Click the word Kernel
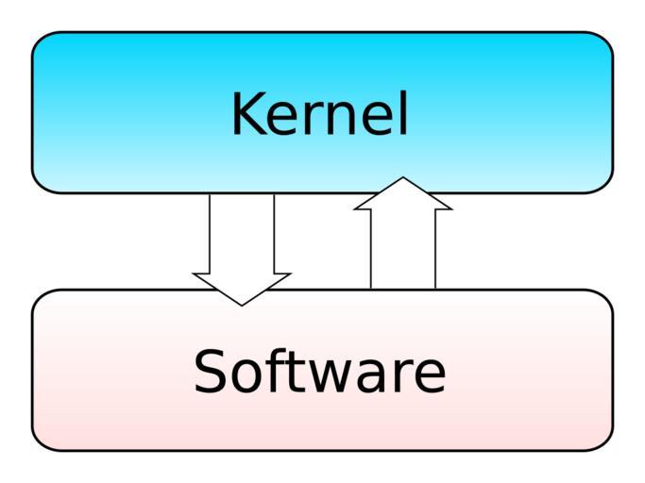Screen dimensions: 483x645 click(x=319, y=114)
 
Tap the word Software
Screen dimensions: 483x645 click(x=319, y=371)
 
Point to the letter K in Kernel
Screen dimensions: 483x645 click(x=247, y=114)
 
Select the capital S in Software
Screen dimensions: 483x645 click(x=212, y=371)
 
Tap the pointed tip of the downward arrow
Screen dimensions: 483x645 click(x=242, y=303)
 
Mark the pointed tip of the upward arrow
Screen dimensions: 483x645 click(x=403, y=179)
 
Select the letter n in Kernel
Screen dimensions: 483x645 click(x=339, y=119)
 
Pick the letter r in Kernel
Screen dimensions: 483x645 click(x=309, y=119)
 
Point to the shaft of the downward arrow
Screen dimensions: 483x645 click(x=242, y=231)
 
